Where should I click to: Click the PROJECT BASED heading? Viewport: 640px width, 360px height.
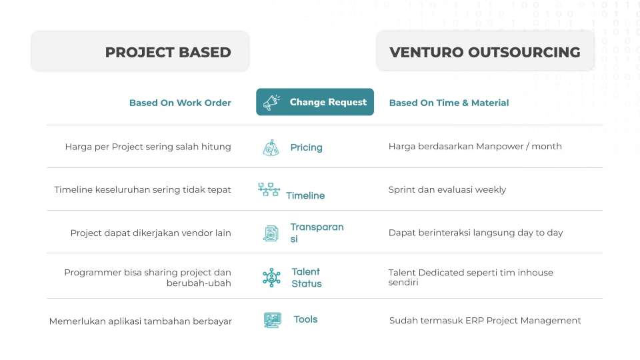pyautogui.click(x=168, y=52)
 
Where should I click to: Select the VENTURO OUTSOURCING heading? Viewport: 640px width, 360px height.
pyautogui.click(x=485, y=52)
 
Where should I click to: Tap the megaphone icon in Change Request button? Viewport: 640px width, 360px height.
pyautogui.click(x=271, y=103)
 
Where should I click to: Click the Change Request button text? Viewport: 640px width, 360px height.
pyautogui.click(x=328, y=102)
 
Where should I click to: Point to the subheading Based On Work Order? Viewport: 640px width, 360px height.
pyautogui.click(x=180, y=103)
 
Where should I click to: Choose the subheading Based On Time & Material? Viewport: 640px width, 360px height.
pyautogui.click(x=449, y=103)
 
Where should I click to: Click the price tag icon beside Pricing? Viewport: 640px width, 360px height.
pyautogui.click(x=271, y=148)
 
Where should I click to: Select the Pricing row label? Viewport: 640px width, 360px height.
pyautogui.click(x=306, y=147)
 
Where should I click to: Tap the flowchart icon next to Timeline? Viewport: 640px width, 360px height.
pyautogui.click(x=269, y=190)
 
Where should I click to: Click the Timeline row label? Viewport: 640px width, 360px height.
pyautogui.click(x=305, y=195)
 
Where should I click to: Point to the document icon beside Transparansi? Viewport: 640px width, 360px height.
pyautogui.click(x=271, y=233)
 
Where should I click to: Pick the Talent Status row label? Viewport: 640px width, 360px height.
pyautogui.click(x=307, y=277)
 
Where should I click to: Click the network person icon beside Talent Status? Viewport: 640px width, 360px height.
pyautogui.click(x=271, y=277)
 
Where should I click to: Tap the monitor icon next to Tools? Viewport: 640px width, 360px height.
pyautogui.click(x=272, y=320)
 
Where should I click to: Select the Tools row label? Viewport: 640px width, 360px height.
pyautogui.click(x=305, y=319)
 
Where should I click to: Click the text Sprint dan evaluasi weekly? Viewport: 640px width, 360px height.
pyautogui.click(x=447, y=190)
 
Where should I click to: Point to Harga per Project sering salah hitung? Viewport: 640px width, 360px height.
pyautogui.click(x=148, y=147)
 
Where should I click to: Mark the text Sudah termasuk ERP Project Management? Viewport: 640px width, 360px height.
pyautogui.click(x=485, y=321)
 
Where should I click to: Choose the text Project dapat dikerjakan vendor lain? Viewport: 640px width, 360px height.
pyautogui.click(x=151, y=233)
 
